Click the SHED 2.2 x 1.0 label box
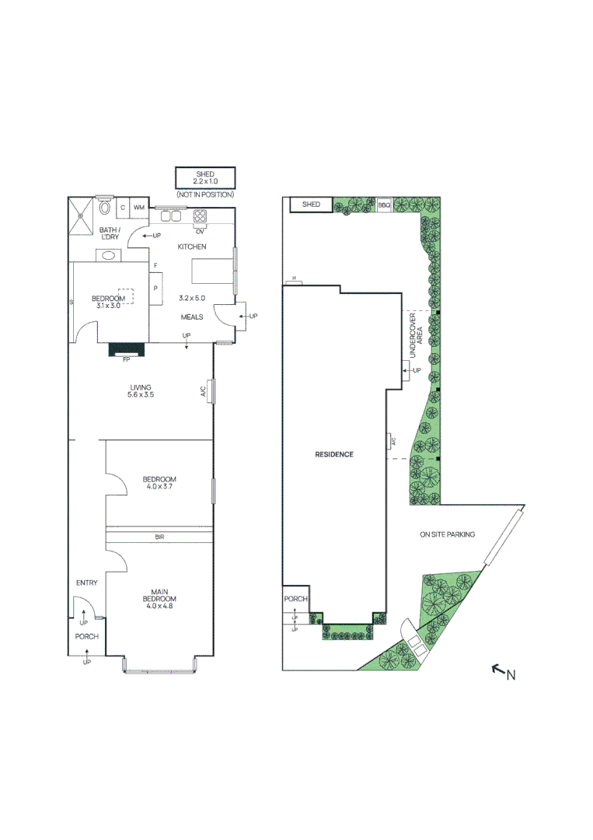204,177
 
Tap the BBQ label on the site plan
384,205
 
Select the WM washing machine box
139,208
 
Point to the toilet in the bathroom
104,207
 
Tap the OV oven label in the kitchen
201,231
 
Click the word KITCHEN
192,247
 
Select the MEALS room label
192,317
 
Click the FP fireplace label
127,360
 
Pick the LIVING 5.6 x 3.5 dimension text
141,395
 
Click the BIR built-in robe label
159,537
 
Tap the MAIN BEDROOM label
159,594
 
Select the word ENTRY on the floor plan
86,583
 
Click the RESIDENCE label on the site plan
334,454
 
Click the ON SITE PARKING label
447,534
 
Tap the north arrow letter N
511,675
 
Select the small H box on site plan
294,279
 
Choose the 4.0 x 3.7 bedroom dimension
159,486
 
